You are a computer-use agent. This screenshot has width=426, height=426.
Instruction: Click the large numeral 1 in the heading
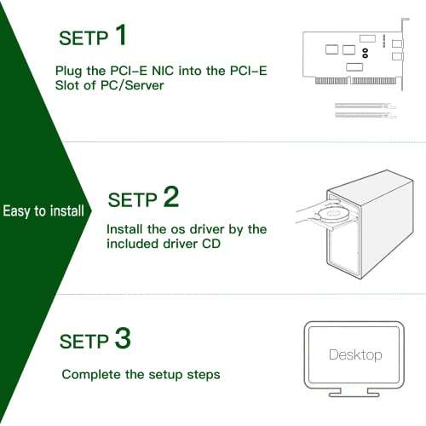coord(122,35)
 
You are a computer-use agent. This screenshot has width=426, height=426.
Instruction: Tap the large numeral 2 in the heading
coord(171,197)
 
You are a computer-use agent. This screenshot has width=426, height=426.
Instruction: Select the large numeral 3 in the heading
coord(123,338)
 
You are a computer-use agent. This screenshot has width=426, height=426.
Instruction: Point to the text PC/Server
coord(132,85)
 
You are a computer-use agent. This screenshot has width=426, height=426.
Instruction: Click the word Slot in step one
coord(67,85)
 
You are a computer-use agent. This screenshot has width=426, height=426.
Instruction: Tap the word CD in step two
coord(211,244)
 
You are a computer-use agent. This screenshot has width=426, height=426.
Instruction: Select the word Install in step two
coord(124,229)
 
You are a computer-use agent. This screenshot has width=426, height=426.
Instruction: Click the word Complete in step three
coord(91,375)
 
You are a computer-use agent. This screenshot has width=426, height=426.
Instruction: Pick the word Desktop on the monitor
coord(355,355)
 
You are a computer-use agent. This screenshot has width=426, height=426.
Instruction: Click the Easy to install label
coord(43,211)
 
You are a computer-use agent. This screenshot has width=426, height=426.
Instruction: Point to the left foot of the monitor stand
coord(335,393)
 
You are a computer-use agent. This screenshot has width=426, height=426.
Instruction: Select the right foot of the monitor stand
coord(373,393)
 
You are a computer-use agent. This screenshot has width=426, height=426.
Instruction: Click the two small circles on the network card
coord(366,53)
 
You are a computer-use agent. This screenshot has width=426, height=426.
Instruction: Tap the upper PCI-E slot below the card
coord(366,106)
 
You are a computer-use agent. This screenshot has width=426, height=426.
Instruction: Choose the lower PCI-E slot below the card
coord(366,115)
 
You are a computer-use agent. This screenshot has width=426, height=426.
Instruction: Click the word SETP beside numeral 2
coord(133,200)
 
